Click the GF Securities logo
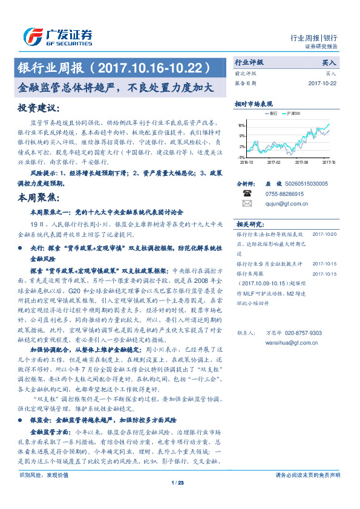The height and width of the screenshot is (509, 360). coord(57,36)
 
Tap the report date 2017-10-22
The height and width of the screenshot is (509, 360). coord(321,83)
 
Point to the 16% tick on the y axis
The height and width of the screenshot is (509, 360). coord(241,126)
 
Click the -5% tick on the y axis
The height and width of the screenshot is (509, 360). coord(241,156)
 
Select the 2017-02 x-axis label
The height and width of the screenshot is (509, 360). coord(275,162)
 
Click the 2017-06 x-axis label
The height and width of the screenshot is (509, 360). coord(302,162)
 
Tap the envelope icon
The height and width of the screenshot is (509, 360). coord(247,204)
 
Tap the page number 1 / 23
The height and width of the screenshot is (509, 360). coord(177,482)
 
